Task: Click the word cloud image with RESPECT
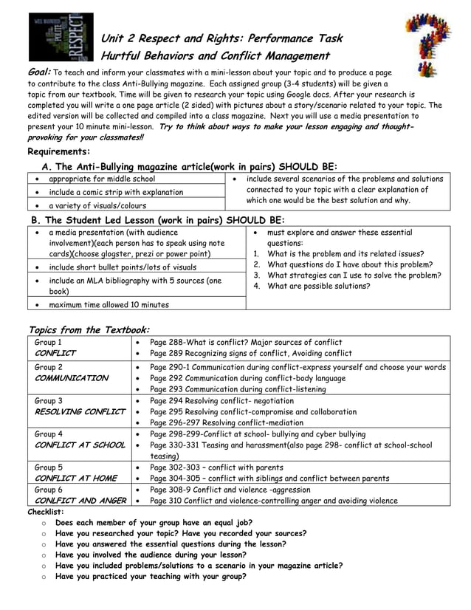[61, 36]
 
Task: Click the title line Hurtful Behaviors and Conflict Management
[215, 56]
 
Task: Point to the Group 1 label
[48, 342]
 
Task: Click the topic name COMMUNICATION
[72, 378]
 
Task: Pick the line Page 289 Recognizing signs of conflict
[251, 353]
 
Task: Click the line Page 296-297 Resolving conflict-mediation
[238, 423]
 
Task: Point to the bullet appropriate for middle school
[102, 179]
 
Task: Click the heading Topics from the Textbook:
[89, 329]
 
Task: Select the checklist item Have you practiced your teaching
[151, 576]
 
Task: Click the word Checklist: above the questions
[46, 511]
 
